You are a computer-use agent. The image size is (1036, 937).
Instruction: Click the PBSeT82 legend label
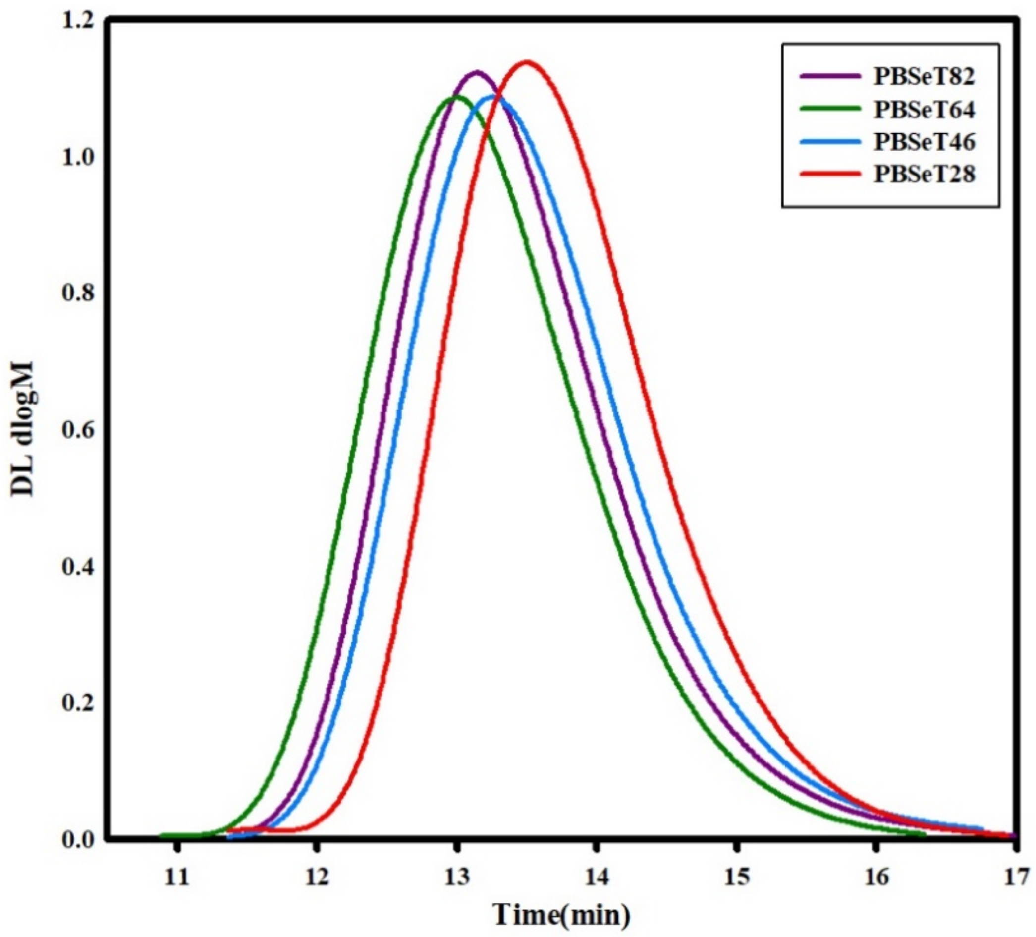[x=924, y=77]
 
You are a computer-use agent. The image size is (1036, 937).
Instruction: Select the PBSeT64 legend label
[x=924, y=109]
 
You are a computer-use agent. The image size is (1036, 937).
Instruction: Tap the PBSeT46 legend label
[x=924, y=142]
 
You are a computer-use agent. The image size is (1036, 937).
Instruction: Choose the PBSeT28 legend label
[x=924, y=175]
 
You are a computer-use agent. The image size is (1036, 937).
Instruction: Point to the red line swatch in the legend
[x=830, y=174]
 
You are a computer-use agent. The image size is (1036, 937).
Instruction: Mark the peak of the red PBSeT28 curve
[x=527, y=63]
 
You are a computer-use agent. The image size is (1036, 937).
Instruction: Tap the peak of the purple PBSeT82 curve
[x=477, y=72]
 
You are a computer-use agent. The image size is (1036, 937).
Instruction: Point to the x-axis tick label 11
[x=176, y=878]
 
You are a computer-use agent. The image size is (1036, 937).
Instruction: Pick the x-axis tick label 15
[x=736, y=878]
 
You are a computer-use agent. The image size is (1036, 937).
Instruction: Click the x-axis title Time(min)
[x=562, y=915]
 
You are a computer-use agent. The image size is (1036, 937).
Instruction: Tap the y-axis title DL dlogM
[x=23, y=429]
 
